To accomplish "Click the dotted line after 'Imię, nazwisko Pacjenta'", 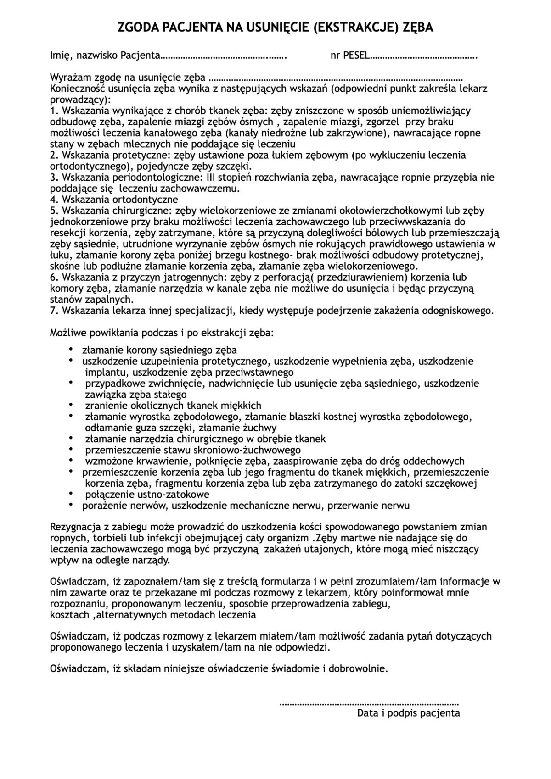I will pos(224,57).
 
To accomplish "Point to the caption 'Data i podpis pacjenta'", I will pos(409,713).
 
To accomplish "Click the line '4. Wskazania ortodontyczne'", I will pos(114,200).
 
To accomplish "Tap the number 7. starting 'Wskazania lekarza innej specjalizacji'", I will pos(54,311).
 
